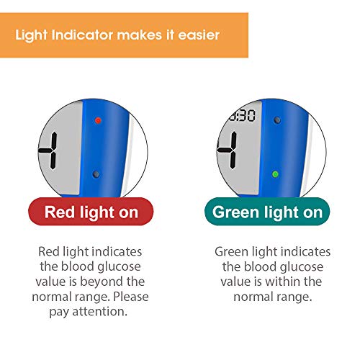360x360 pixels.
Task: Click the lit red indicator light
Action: (98, 120)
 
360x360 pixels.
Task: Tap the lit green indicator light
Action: (276, 174)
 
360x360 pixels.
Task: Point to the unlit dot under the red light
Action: (96, 174)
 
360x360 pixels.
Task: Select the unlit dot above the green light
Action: (277, 120)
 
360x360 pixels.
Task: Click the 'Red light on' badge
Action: (91, 212)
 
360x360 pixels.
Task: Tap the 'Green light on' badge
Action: (267, 212)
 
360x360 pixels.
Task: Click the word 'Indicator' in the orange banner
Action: (82, 35)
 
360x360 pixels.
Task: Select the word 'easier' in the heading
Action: (199, 35)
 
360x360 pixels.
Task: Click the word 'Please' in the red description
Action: (131, 297)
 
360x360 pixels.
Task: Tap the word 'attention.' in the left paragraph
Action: (99, 312)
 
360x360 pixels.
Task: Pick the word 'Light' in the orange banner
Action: (31, 35)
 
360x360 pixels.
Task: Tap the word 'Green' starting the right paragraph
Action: (231, 252)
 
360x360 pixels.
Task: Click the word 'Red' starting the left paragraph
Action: (49, 252)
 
